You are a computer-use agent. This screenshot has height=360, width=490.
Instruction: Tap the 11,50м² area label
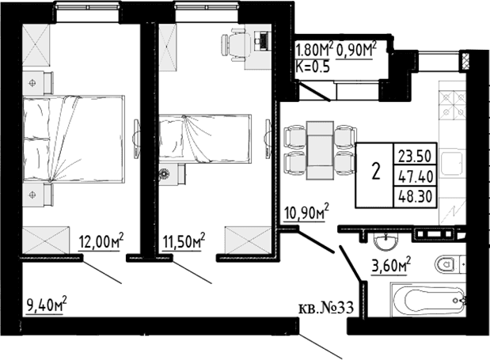(184, 241)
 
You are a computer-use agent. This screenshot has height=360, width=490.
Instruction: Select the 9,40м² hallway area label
(47, 305)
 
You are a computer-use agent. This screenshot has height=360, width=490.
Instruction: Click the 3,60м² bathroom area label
(390, 266)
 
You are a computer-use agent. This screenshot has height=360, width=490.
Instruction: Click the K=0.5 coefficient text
(313, 66)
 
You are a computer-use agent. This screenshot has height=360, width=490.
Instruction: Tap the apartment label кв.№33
(326, 308)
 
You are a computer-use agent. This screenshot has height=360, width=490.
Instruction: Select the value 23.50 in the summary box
(415, 156)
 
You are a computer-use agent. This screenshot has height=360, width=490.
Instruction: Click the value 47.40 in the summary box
(416, 176)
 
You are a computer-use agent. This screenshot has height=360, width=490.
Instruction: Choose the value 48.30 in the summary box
(416, 197)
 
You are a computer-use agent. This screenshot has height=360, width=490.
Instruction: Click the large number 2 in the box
(376, 172)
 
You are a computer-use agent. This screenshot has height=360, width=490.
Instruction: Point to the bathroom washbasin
(386, 241)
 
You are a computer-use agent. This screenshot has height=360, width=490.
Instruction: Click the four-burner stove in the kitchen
(453, 106)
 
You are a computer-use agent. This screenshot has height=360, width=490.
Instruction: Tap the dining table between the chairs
(320, 150)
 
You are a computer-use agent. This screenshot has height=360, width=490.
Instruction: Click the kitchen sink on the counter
(452, 163)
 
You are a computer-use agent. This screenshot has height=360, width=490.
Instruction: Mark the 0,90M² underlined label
(356, 50)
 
